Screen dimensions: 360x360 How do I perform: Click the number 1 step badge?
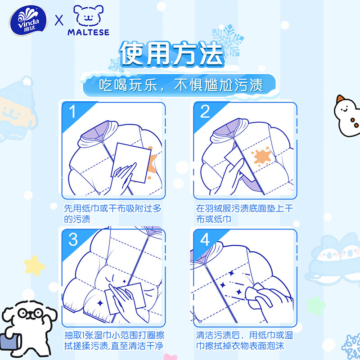click(x=72, y=111)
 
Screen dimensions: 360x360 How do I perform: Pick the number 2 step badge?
click(x=205, y=111)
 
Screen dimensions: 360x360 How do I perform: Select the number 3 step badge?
click(x=73, y=240)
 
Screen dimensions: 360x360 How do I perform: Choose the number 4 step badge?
click(x=205, y=240)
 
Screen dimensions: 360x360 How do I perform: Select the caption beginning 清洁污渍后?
click(x=245, y=341)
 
